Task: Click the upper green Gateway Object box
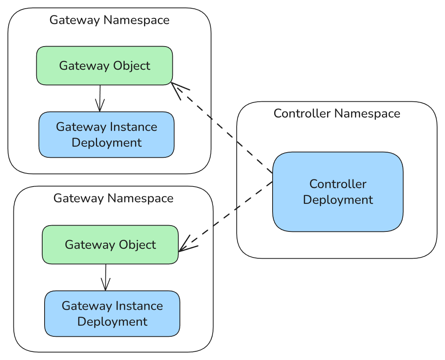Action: (x=105, y=65)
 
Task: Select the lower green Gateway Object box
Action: (x=110, y=244)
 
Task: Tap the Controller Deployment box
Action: (x=338, y=192)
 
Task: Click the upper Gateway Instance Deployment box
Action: (x=107, y=134)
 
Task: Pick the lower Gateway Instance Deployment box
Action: (x=112, y=313)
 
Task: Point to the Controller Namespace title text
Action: (x=337, y=114)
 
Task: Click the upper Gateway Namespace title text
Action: (x=109, y=20)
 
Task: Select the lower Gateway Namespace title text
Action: (x=113, y=198)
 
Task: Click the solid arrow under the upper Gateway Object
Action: (x=100, y=98)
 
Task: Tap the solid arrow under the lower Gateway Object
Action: (x=105, y=277)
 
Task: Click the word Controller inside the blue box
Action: (x=338, y=184)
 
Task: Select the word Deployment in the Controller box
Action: (x=338, y=200)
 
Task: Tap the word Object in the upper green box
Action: (x=132, y=65)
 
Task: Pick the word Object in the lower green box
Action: (x=137, y=244)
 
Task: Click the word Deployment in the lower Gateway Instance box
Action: (x=112, y=321)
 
